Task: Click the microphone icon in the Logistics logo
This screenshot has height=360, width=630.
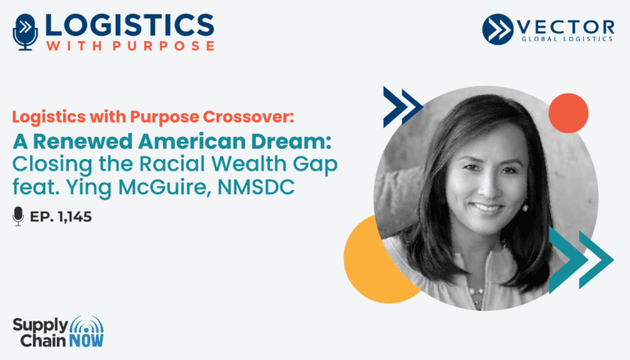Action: click(25, 32)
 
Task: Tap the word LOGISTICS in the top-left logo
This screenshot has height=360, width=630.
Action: click(130, 25)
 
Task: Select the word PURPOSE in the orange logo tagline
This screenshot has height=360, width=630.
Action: click(163, 45)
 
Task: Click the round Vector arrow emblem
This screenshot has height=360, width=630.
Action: click(498, 29)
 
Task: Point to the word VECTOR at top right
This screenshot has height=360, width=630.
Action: click(566, 27)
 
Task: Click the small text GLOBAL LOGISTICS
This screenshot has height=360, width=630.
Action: click(567, 39)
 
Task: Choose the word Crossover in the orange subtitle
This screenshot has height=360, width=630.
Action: click(249, 116)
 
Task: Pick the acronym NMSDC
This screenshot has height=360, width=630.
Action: click(256, 187)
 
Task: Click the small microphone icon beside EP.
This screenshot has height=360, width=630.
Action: click(18, 216)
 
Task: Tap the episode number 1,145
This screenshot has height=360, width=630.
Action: click(75, 217)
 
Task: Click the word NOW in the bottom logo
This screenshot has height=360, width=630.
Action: click(86, 341)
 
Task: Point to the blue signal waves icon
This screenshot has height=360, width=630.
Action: click(86, 325)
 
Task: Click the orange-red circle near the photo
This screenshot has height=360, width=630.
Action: click(568, 113)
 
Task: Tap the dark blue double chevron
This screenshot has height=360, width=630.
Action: click(403, 107)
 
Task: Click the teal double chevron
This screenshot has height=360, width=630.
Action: click(581, 260)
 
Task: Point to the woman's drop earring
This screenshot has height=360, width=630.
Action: click(524, 207)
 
